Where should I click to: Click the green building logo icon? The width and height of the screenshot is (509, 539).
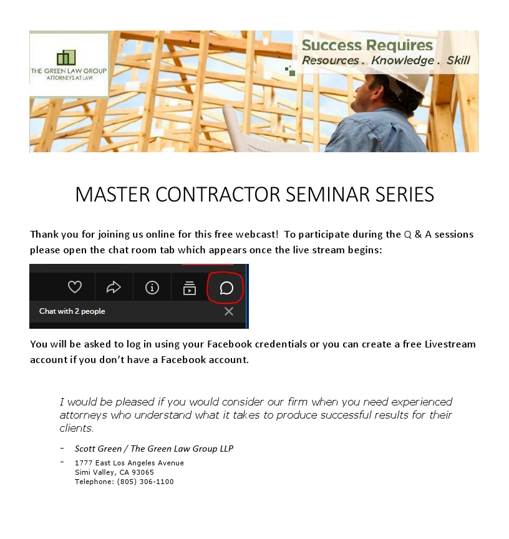[x=66, y=57]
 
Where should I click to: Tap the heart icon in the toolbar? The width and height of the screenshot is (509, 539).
[x=75, y=287]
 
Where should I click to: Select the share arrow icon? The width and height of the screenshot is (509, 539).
[x=114, y=288]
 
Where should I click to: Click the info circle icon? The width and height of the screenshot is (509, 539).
[x=152, y=288]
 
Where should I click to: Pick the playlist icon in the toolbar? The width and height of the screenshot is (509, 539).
[x=190, y=288]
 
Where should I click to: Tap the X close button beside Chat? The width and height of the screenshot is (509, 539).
[x=229, y=311]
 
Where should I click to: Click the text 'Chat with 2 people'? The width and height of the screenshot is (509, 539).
[x=72, y=311]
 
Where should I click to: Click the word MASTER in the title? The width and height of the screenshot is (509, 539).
[x=112, y=195]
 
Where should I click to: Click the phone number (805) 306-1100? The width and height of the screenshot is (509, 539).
[x=145, y=482]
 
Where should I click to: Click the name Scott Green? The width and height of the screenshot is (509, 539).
[x=99, y=449]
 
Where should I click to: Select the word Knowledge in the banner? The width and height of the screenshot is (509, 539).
[x=402, y=60]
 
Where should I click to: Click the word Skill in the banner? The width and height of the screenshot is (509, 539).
[x=458, y=60]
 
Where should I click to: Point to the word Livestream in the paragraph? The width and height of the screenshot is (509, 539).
[x=450, y=344]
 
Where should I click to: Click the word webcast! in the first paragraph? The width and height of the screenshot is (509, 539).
[x=257, y=234]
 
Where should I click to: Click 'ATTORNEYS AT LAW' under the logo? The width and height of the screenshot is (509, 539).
[x=70, y=78]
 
